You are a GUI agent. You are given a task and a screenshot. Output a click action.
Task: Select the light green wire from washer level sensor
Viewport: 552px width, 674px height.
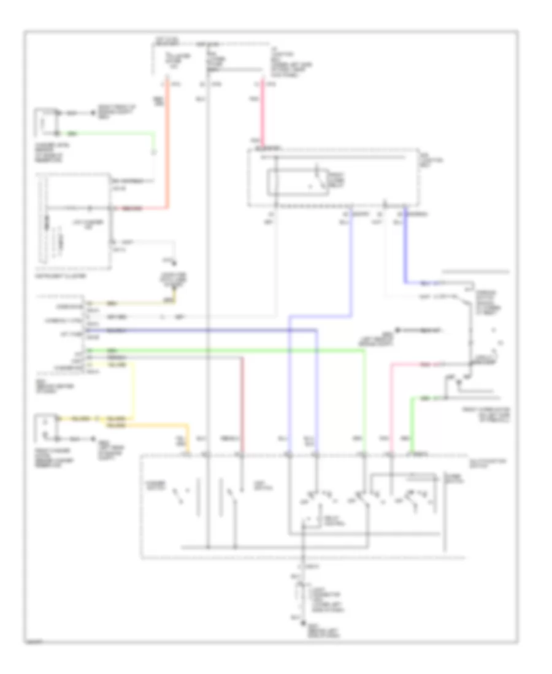pyautogui.click(x=110, y=133)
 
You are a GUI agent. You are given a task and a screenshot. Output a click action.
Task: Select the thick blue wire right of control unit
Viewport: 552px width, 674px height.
pyautogui.click(x=405, y=245)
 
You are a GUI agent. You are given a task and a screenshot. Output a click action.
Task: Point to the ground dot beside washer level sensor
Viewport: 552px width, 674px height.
pyautogui.click(x=93, y=114)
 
